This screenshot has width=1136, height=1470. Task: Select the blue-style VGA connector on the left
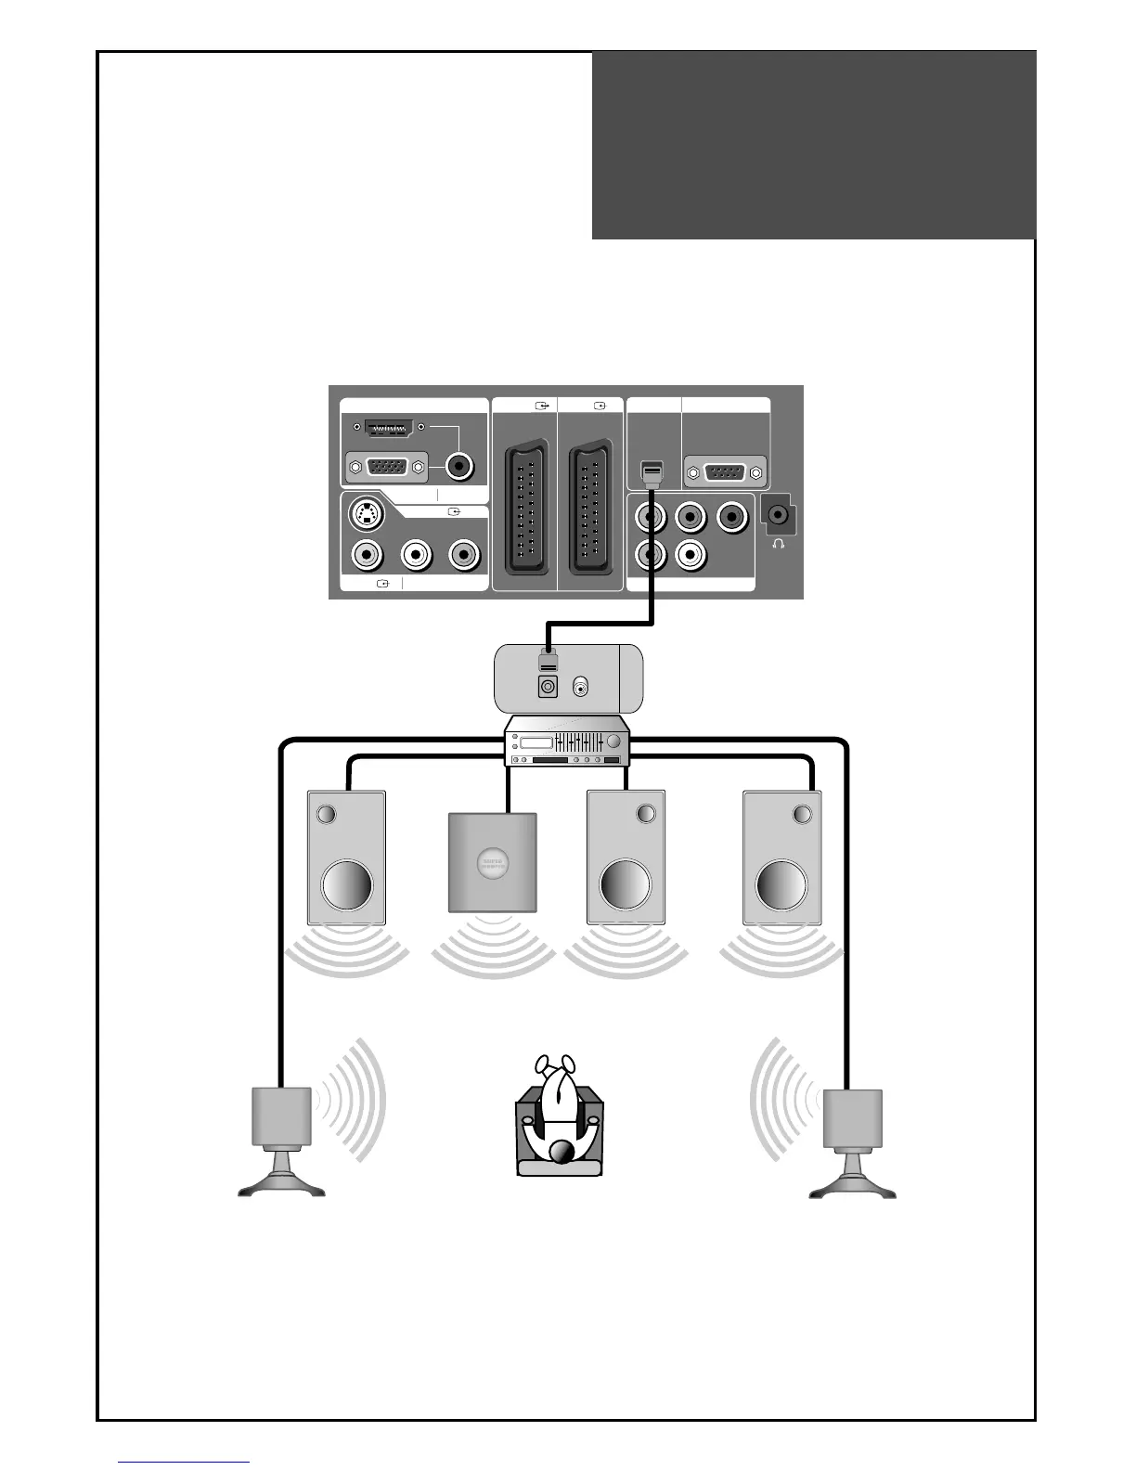(386, 467)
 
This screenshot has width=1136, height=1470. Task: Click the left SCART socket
(525, 511)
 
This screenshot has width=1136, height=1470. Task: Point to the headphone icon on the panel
(778, 544)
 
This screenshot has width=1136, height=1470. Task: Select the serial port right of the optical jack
(725, 472)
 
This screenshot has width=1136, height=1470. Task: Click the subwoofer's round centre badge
(492, 865)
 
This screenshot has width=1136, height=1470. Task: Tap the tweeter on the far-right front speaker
(804, 815)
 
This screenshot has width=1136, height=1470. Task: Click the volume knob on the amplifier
(613, 742)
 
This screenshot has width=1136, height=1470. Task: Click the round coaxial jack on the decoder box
(582, 688)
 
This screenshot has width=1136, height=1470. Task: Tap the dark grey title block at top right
(813, 145)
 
